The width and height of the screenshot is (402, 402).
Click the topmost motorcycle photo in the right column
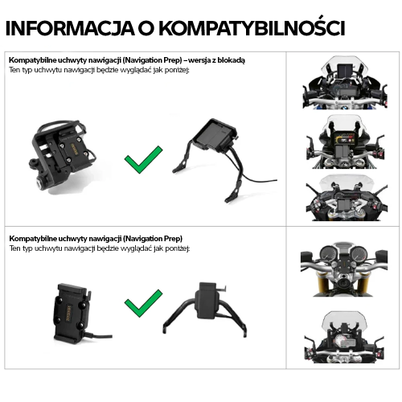point(343,84)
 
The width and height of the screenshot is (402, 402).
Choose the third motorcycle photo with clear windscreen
point(343,197)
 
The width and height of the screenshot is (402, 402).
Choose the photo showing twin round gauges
point(343,270)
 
